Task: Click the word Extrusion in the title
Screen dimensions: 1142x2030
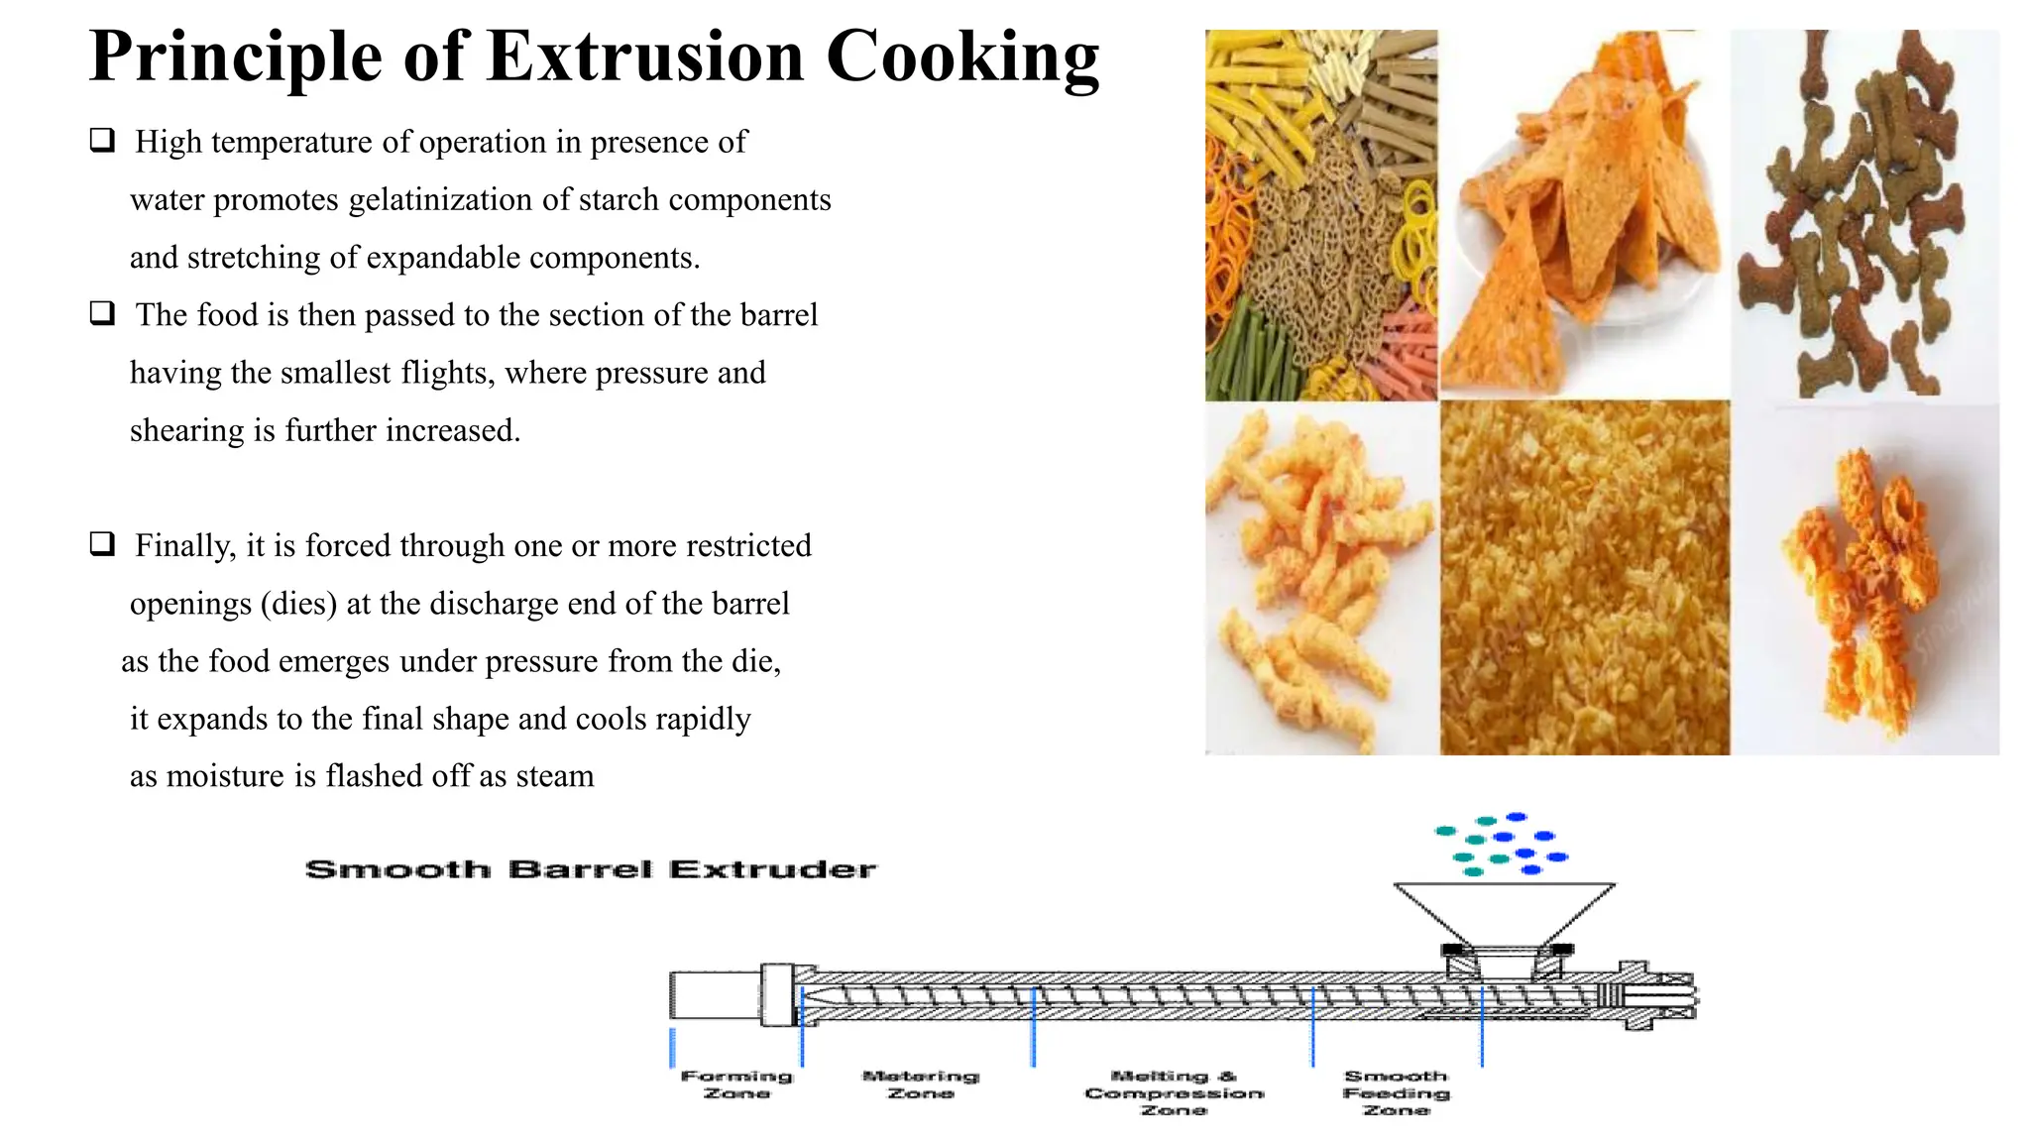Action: coord(645,57)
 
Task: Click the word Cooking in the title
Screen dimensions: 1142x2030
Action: coord(962,57)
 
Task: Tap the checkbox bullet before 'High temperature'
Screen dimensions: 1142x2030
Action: coord(103,140)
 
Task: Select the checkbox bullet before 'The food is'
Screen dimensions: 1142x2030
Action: coord(103,313)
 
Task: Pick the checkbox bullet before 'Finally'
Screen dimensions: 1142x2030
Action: coord(103,543)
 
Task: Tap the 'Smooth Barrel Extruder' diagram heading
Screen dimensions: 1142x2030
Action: coord(591,869)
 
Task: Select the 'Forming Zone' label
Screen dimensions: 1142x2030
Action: coord(736,1084)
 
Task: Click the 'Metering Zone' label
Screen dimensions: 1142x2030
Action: coord(921,1084)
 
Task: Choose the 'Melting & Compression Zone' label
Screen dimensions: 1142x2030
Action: coord(1174,1092)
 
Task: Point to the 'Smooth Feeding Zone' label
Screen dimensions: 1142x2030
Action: coord(1396,1092)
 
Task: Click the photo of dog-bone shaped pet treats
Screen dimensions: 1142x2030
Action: coord(1864,213)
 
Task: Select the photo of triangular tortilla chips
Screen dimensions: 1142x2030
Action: coord(1584,213)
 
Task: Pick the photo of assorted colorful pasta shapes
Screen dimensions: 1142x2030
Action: coord(1320,213)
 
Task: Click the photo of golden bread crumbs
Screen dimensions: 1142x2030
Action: coord(1584,578)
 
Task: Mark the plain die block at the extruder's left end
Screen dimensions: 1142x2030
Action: coord(715,995)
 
